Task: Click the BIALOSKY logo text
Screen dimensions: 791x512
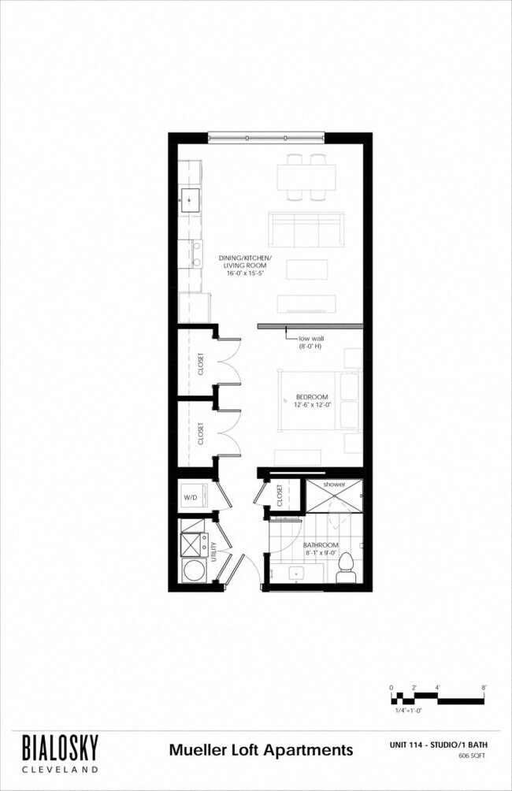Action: click(60, 745)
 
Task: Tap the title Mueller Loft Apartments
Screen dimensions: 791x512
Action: click(261, 749)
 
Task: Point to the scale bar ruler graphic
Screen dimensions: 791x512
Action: click(438, 696)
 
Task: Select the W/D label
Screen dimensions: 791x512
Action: click(190, 497)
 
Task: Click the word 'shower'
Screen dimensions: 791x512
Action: click(334, 484)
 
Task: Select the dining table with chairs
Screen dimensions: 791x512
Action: click(306, 175)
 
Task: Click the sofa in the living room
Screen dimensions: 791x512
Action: click(306, 229)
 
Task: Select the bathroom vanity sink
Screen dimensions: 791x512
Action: click(296, 574)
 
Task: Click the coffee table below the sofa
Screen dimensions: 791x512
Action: click(306, 269)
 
